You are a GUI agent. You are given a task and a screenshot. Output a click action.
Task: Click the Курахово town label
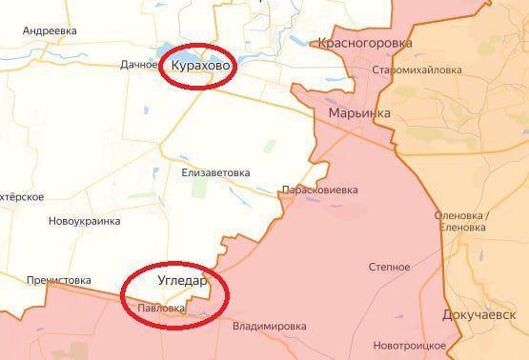tap(202, 65)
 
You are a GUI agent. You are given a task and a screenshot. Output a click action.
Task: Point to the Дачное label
tap(139, 65)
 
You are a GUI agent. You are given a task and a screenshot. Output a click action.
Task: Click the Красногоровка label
tap(365, 43)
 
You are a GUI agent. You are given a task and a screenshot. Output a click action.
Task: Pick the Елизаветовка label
tap(215, 173)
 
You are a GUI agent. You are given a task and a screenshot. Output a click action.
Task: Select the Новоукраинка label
tap(85, 221)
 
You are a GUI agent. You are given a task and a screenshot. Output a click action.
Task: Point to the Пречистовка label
tap(58, 280)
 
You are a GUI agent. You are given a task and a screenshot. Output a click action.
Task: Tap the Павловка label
tap(161, 308)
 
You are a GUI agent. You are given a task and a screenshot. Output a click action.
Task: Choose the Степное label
tap(389, 268)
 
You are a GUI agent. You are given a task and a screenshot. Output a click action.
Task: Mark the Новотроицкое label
tap(410, 344)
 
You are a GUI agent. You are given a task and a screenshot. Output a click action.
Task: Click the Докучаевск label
tap(485, 313)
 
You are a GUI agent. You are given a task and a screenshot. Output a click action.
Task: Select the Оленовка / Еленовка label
tap(461, 221)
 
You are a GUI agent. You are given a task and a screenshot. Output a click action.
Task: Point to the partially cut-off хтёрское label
tap(21, 196)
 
